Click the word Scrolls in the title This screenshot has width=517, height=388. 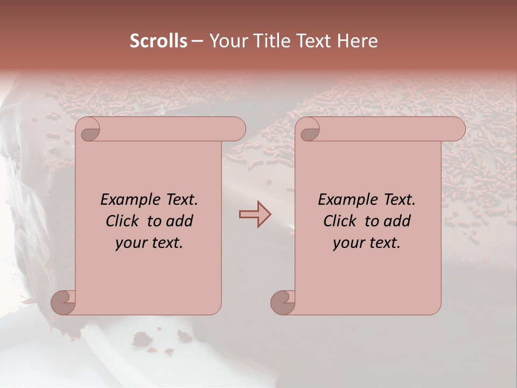tap(158, 41)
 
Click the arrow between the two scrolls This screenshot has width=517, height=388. tap(255, 214)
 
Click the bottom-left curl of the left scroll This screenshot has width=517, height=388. tap(64, 302)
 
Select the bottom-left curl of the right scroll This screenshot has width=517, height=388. tap(283, 302)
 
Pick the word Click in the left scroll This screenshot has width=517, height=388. tap(123, 221)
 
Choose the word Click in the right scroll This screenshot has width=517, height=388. tap(340, 221)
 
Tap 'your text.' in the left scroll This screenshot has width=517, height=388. tap(149, 242)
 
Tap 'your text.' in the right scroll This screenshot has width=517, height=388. tap(367, 242)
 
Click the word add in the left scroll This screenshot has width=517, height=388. tap(180, 221)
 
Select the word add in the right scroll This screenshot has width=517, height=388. tap(398, 221)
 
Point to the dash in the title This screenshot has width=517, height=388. tap(197, 41)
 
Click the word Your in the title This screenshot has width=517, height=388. tap(227, 41)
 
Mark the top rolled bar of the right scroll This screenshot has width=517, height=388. tap(388, 129)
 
